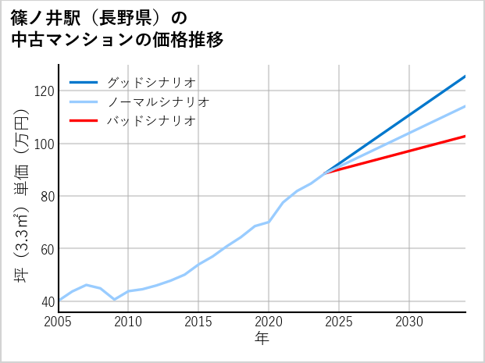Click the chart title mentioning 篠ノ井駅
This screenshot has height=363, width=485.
point(117,29)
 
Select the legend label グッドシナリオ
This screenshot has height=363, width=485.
point(151,82)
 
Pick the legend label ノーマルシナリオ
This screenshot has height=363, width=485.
point(158,101)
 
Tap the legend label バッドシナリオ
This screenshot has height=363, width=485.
point(151,121)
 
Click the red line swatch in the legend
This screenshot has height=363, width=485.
point(84,121)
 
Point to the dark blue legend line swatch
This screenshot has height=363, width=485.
point(84,82)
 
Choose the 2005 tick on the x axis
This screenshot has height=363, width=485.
point(58,322)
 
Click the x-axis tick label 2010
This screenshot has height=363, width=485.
point(128,322)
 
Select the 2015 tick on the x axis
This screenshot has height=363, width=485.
point(198,322)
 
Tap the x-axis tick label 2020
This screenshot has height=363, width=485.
point(269,322)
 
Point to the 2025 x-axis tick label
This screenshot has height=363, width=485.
point(339,322)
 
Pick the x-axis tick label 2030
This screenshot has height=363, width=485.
point(409,322)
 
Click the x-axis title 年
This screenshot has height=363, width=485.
point(262,340)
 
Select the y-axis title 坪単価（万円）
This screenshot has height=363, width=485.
point(21,195)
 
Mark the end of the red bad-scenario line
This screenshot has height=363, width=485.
point(465,136)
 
